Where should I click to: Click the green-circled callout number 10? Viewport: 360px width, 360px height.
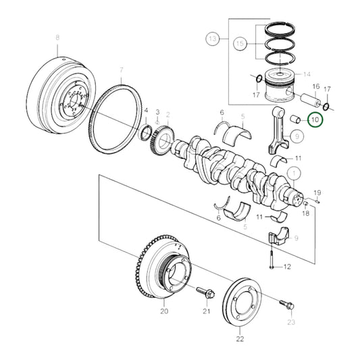tap(314, 120)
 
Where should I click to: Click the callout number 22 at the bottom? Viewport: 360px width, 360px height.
tap(240, 338)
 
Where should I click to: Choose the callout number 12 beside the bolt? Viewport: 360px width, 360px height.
tap(286, 267)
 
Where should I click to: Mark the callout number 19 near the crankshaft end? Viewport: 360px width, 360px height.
tap(317, 192)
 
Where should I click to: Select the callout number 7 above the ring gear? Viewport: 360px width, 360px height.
tap(122, 70)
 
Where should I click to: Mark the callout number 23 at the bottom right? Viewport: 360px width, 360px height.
tap(291, 324)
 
